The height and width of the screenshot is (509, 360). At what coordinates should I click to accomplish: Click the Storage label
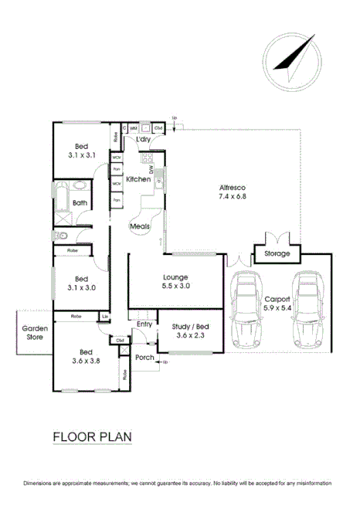[277, 253]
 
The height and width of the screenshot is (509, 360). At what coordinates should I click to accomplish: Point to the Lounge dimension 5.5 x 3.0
[176, 286]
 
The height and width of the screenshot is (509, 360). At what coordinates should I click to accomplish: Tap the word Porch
[144, 357]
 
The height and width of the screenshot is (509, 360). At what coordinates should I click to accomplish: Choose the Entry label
[144, 324]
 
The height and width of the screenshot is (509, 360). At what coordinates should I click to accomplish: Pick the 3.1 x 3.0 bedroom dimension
[81, 288]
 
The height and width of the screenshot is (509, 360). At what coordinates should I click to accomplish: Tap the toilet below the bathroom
[59, 236]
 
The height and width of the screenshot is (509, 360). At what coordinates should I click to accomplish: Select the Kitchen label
[138, 179]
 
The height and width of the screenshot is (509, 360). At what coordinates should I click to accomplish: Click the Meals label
[139, 226]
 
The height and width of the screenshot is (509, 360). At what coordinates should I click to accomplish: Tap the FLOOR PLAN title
[92, 437]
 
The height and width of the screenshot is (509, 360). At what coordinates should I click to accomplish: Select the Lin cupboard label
[104, 317]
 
